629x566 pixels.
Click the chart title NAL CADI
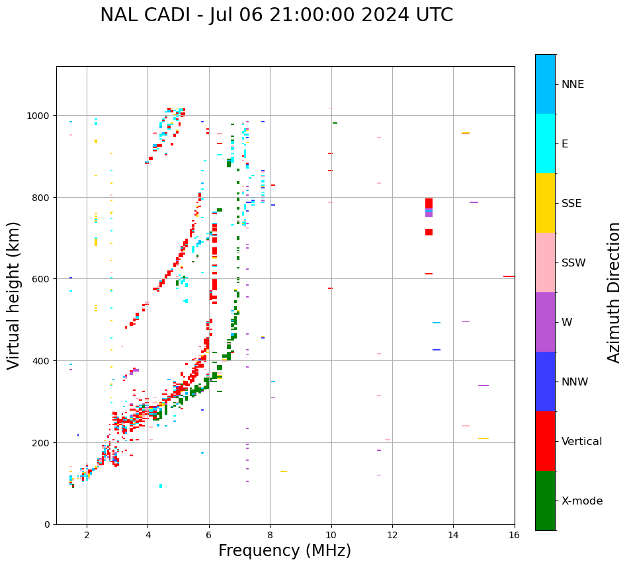(x=276, y=15)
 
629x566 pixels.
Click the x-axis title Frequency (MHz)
(x=284, y=551)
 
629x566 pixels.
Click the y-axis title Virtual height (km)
(x=14, y=295)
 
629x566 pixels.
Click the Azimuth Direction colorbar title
(x=614, y=292)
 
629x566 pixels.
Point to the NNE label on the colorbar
(x=573, y=84)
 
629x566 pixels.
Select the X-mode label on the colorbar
(x=582, y=501)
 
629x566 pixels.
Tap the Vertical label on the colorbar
(x=582, y=441)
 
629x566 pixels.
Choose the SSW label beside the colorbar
(x=573, y=263)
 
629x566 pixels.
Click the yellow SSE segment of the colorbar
(x=545, y=203)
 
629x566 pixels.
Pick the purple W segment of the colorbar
(x=545, y=322)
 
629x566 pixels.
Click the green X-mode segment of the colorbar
(x=545, y=501)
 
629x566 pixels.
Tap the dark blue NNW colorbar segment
(x=545, y=382)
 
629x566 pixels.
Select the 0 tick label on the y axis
(x=47, y=524)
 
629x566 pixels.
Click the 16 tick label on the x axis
(x=514, y=536)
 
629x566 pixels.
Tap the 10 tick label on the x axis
(x=331, y=536)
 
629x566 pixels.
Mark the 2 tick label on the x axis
(x=87, y=536)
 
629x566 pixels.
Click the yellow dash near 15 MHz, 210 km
(x=483, y=438)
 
